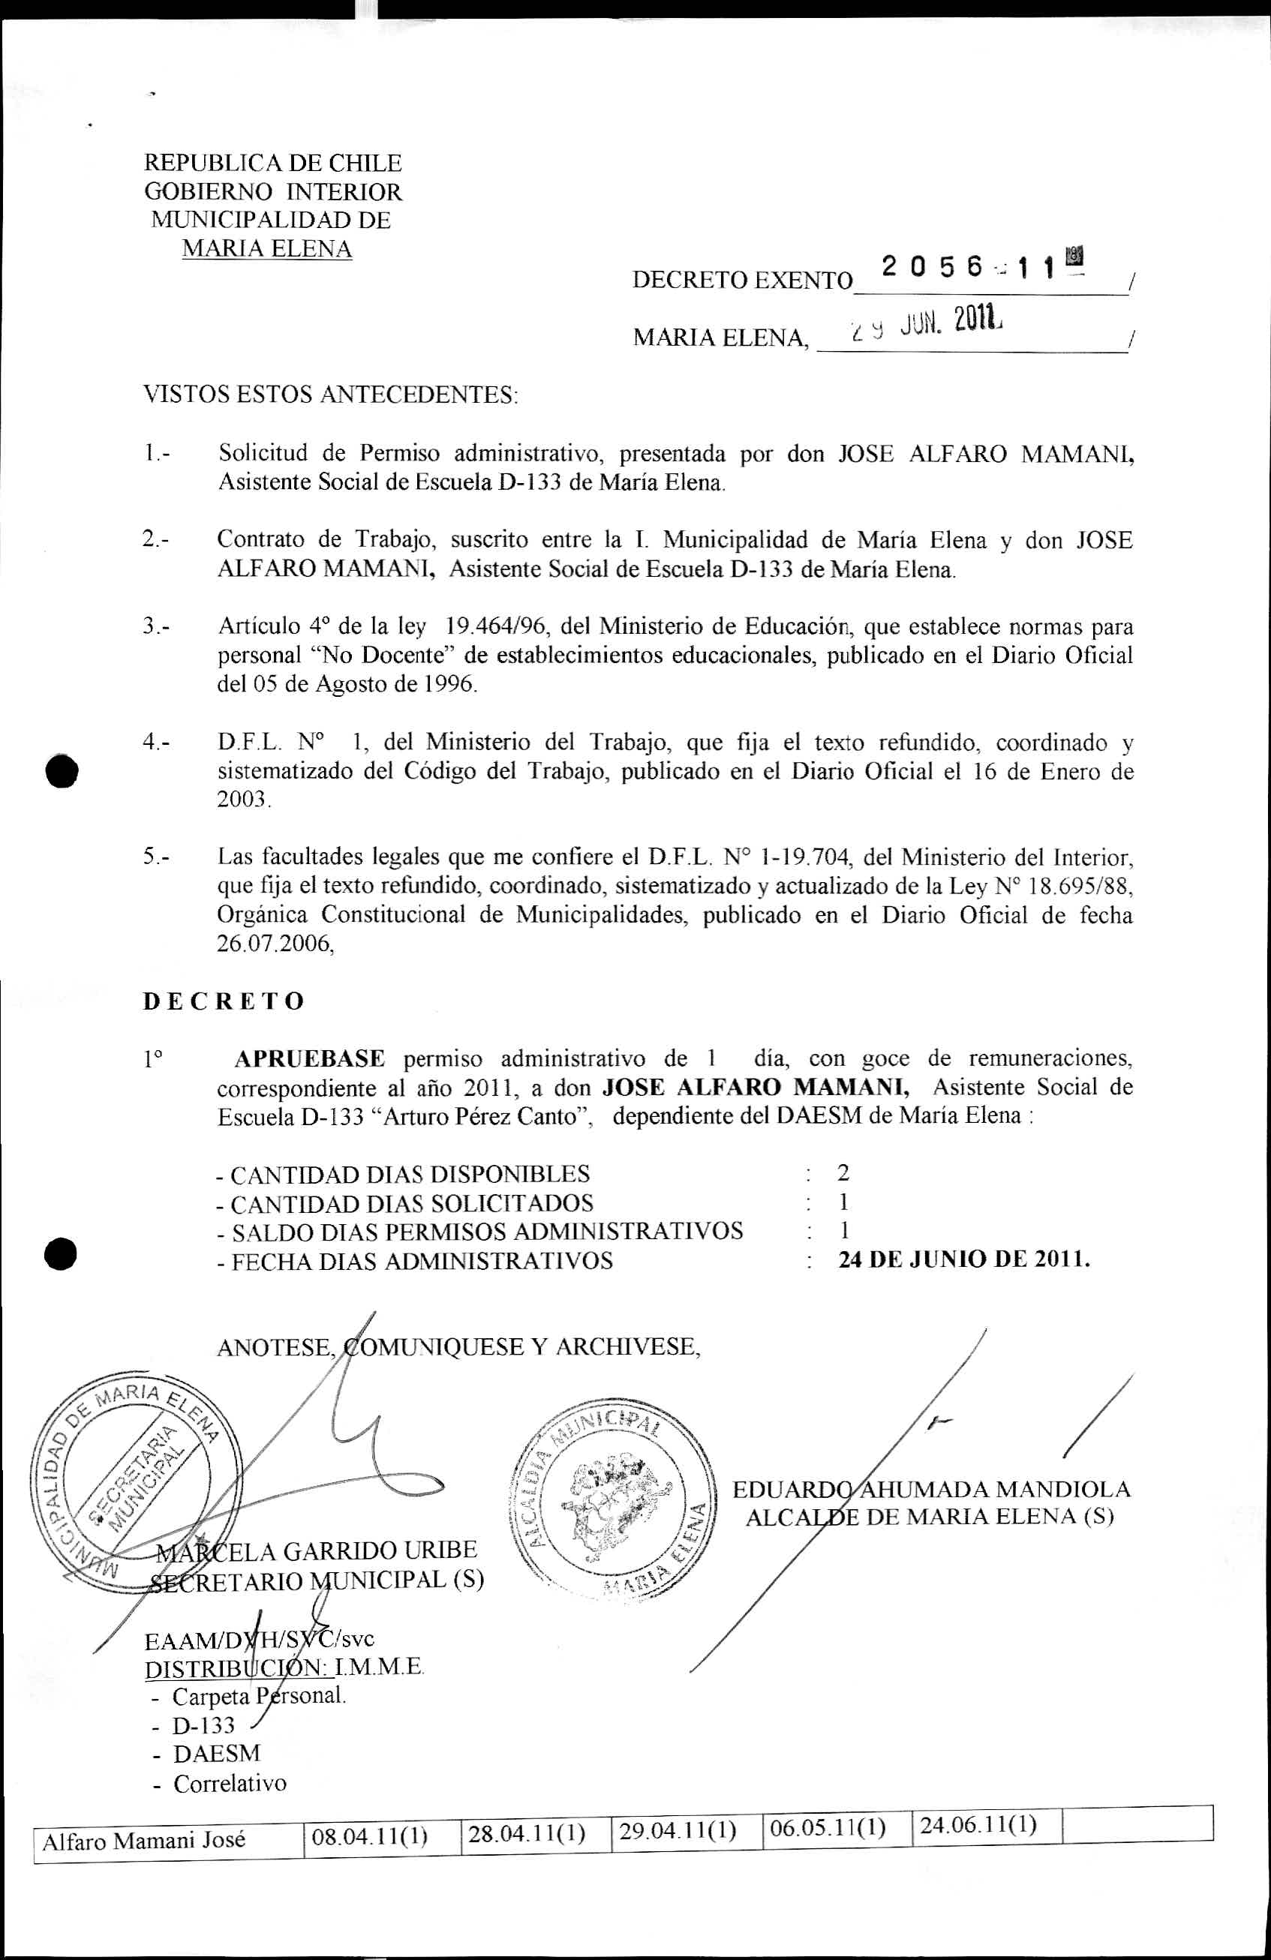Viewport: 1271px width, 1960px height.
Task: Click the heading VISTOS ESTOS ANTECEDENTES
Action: click(x=331, y=395)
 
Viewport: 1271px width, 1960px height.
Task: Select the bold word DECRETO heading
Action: click(x=224, y=1001)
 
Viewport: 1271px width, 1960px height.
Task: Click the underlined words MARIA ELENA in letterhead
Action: click(x=267, y=249)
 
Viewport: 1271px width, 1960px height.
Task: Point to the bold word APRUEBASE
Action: click(x=310, y=1058)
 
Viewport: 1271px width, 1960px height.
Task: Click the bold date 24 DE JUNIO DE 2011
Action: click(x=963, y=1260)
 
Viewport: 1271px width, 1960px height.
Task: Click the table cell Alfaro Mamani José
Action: click(x=144, y=1840)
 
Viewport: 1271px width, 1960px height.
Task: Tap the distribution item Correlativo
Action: click(x=230, y=1784)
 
